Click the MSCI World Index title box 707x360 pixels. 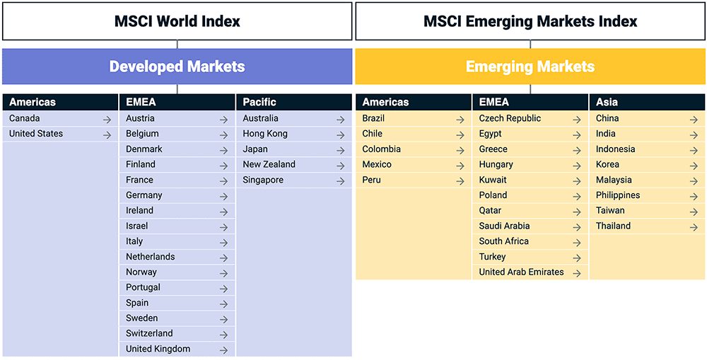point(177,21)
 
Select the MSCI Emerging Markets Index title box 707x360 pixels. point(530,21)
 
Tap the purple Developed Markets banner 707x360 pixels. point(177,66)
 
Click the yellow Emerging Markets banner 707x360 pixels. point(530,66)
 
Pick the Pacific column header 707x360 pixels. point(259,103)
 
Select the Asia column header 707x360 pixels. point(607,103)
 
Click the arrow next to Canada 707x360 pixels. point(107,120)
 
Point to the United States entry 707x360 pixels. point(36,134)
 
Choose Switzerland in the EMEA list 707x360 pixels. point(149,334)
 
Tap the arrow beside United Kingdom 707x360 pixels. point(223,350)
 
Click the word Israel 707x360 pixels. point(138,226)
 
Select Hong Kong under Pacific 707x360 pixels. point(265,134)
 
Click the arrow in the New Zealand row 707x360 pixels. point(340,166)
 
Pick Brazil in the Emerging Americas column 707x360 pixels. point(373,118)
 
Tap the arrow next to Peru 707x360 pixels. point(460,181)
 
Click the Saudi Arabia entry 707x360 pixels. point(504,226)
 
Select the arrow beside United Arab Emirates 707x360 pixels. point(577,273)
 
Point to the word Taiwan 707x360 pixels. point(610,211)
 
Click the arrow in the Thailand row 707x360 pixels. point(694,227)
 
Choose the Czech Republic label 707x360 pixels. point(510,118)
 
